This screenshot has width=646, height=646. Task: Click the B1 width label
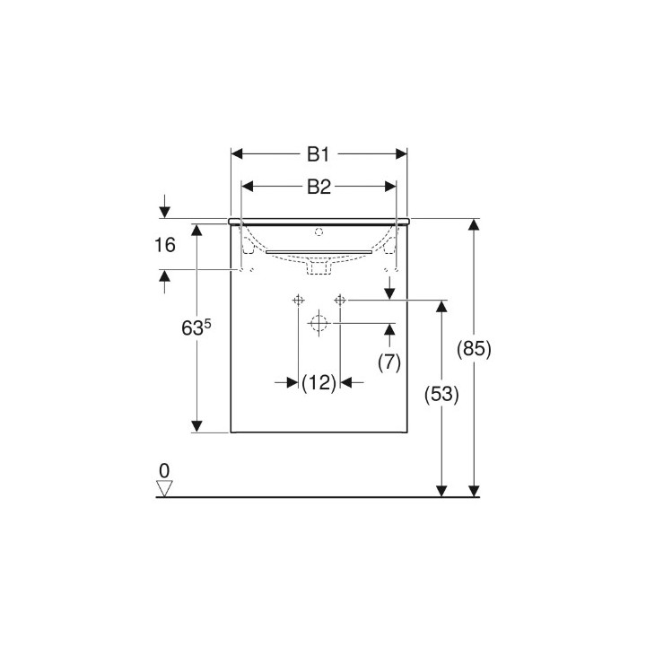click(319, 154)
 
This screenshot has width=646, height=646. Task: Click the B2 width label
click(319, 187)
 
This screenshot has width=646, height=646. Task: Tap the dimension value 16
click(165, 245)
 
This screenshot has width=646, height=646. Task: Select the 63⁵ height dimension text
click(196, 327)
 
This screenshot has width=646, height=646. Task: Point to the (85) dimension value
click(474, 349)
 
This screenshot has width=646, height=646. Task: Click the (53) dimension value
click(441, 394)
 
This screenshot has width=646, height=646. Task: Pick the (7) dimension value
click(389, 362)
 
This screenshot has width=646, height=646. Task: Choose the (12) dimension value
click(319, 383)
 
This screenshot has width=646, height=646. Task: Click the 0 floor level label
click(164, 470)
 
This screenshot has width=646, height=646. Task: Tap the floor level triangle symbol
click(164, 489)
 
